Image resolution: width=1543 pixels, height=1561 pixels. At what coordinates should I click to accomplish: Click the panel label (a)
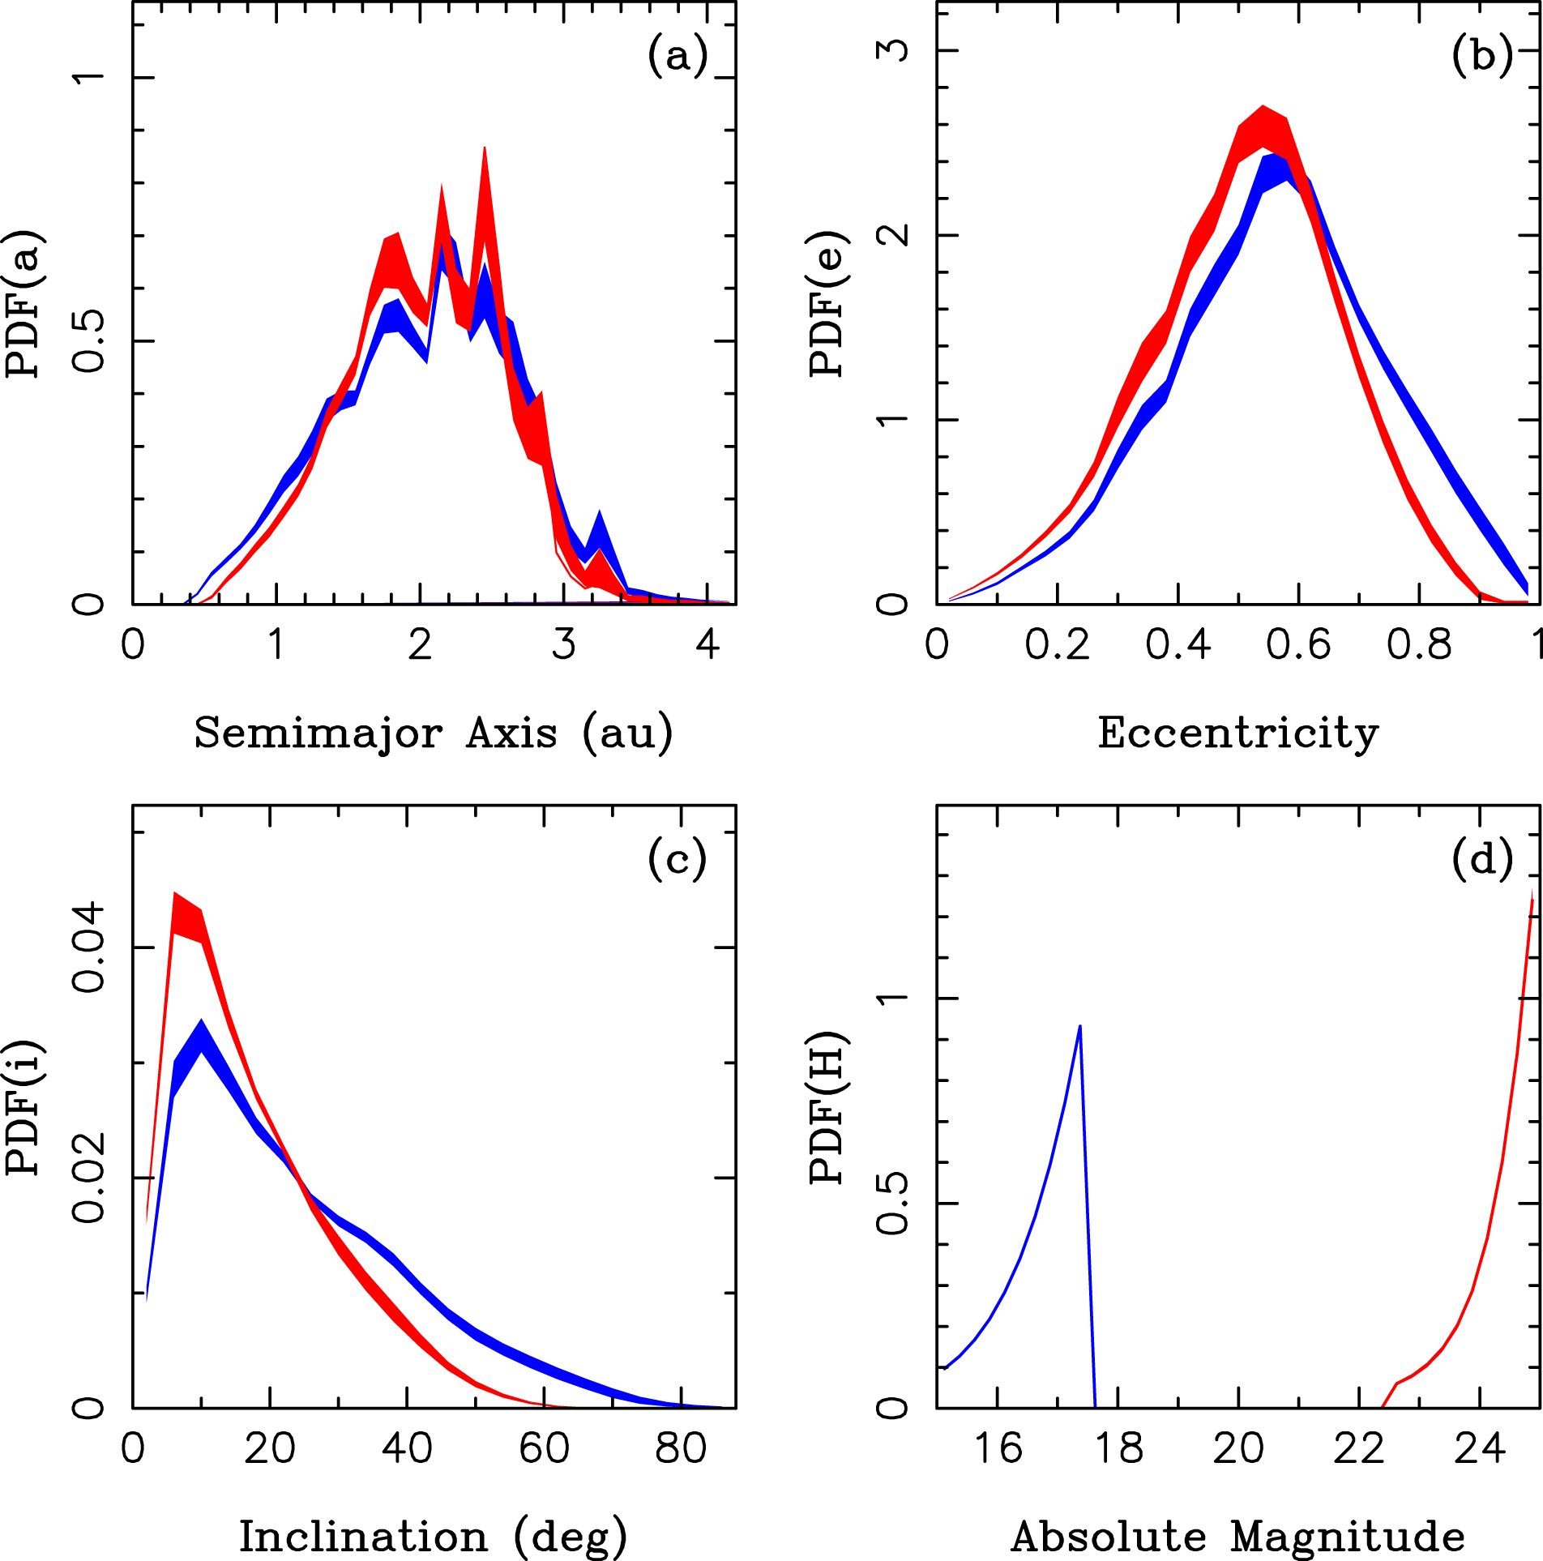(677, 57)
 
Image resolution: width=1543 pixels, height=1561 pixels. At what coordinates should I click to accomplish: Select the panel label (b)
(1481, 57)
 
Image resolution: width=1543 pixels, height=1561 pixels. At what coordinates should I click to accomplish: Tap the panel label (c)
(677, 860)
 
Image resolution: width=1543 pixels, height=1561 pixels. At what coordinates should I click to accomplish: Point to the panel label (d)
(1481, 860)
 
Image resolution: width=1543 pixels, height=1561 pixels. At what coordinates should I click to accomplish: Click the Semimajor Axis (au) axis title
(434, 733)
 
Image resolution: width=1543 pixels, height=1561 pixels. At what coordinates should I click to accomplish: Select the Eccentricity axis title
(1237, 733)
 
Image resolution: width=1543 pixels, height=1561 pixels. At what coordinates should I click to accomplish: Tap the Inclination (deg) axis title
(434, 1537)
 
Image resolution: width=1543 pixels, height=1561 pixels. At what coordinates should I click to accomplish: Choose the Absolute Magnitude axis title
(1237, 1537)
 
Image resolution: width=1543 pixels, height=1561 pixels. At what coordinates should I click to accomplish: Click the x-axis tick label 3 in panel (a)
(564, 645)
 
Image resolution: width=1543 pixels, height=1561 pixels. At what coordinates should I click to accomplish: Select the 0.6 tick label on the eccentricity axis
(1298, 645)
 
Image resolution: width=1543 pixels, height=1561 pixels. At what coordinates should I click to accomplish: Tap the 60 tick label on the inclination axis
(544, 1448)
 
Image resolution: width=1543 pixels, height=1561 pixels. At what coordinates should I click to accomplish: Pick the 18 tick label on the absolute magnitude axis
(1118, 1448)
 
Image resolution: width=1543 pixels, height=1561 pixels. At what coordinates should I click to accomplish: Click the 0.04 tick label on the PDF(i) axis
(89, 947)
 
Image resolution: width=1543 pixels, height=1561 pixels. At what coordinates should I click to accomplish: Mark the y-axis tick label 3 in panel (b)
(893, 50)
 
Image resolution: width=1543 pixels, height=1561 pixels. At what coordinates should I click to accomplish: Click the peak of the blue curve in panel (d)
(1079, 1027)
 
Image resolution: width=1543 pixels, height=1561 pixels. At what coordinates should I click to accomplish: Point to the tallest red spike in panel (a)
(485, 149)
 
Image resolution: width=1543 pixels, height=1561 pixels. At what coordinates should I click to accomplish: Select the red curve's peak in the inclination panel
(174, 895)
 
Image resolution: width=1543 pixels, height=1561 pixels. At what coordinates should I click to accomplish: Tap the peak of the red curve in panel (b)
(1262, 108)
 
